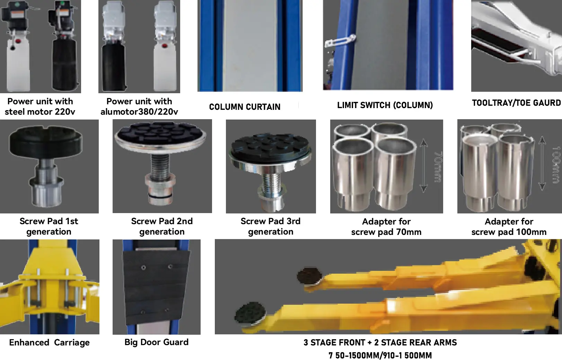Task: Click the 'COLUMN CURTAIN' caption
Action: click(x=245, y=107)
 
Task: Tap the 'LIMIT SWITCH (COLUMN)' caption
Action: click(x=385, y=105)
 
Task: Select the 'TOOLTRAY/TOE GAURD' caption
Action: click(x=516, y=103)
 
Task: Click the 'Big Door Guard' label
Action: click(x=156, y=342)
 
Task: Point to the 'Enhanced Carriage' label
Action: click(x=50, y=342)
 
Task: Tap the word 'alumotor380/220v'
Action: click(x=139, y=112)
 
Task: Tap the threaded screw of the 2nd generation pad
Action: click(x=160, y=165)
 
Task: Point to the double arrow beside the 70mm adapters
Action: click(x=423, y=166)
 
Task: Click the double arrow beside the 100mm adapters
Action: click(x=542, y=163)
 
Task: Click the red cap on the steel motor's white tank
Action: click(x=18, y=41)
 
